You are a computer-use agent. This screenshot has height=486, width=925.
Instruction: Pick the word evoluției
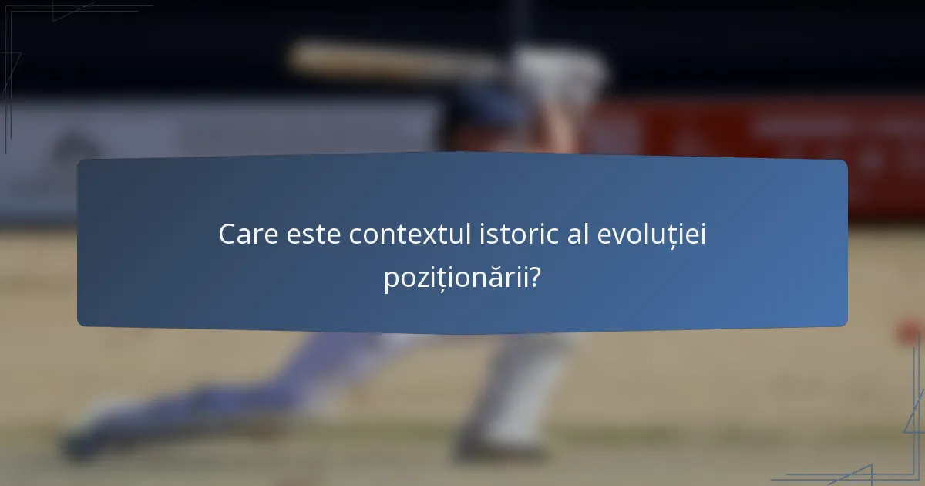click(x=652, y=235)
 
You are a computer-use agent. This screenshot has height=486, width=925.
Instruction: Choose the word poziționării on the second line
click(x=452, y=278)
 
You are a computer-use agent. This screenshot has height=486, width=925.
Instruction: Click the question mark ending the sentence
click(x=533, y=278)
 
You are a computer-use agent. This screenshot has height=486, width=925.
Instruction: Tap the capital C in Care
click(x=227, y=235)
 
